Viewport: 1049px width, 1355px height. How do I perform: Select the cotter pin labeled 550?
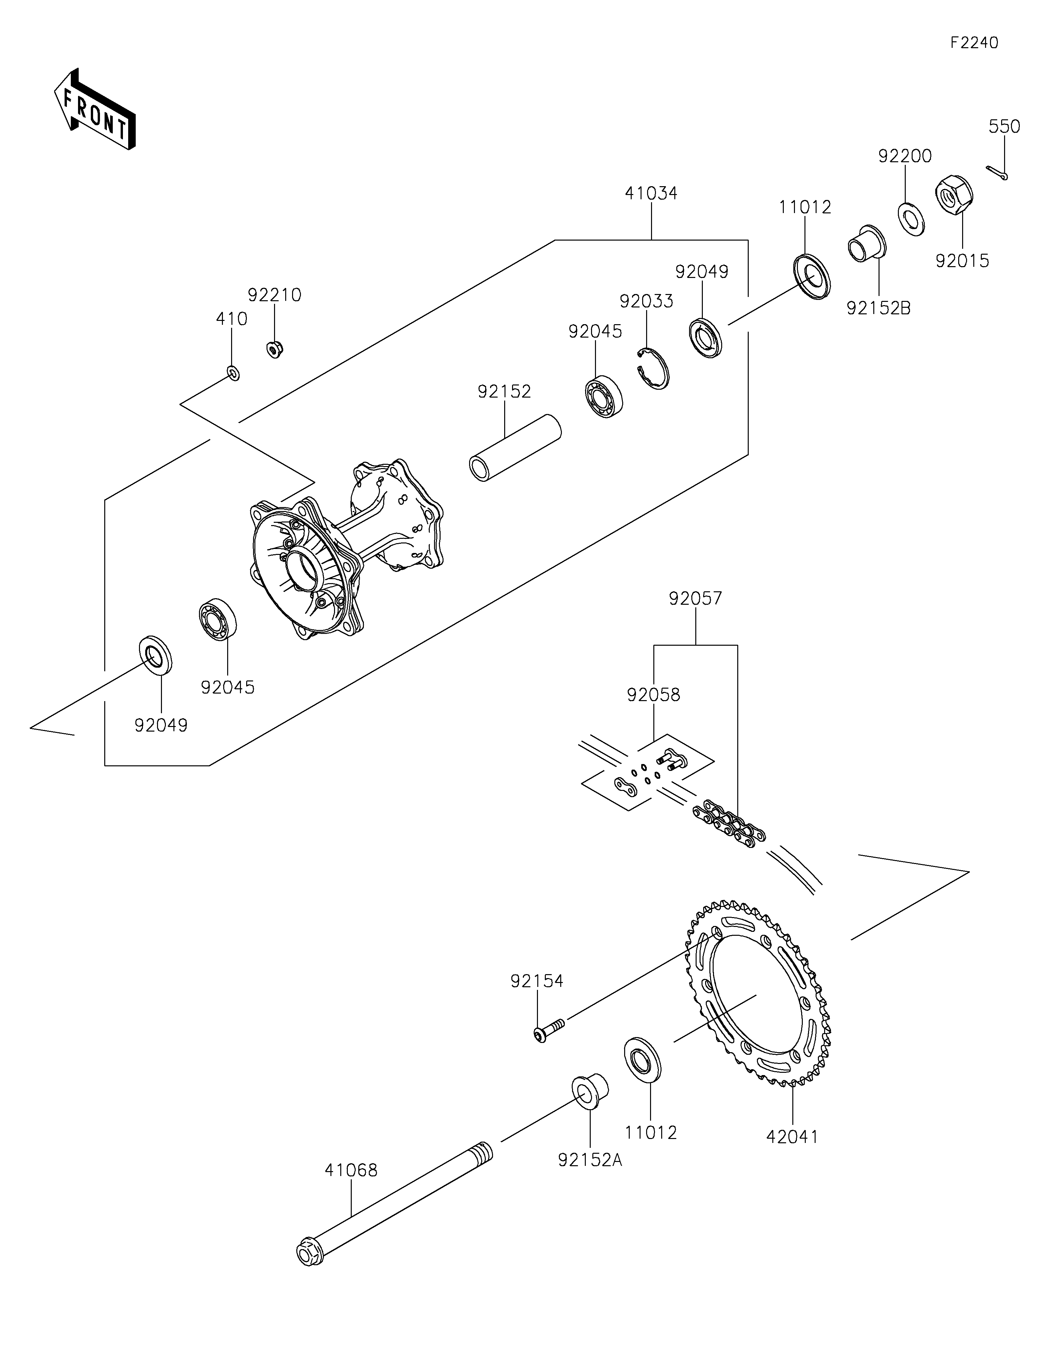pyautogui.click(x=997, y=173)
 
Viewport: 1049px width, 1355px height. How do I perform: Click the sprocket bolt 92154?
pyautogui.click(x=549, y=1031)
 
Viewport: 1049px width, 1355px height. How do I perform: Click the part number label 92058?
pyautogui.click(x=653, y=695)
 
